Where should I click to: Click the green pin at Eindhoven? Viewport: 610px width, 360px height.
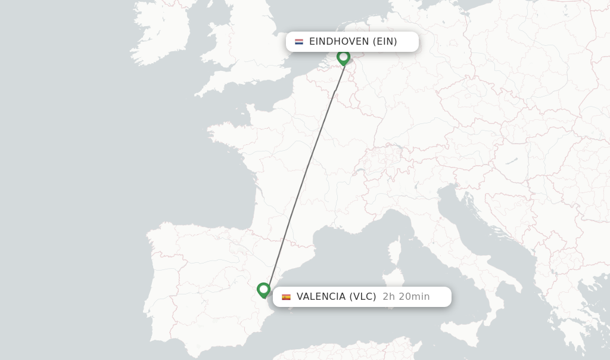[343, 57]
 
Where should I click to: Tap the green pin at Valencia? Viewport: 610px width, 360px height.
[264, 290]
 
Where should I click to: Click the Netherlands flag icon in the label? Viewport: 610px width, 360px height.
[299, 42]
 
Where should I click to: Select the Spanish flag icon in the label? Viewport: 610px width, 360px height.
[287, 297]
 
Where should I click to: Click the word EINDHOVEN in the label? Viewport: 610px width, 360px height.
[339, 42]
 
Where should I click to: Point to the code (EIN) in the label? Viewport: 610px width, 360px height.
[385, 42]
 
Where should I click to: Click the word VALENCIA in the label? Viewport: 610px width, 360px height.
[321, 297]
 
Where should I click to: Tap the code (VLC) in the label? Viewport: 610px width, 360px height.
[363, 297]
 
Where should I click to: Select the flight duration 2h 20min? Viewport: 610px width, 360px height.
[406, 297]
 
